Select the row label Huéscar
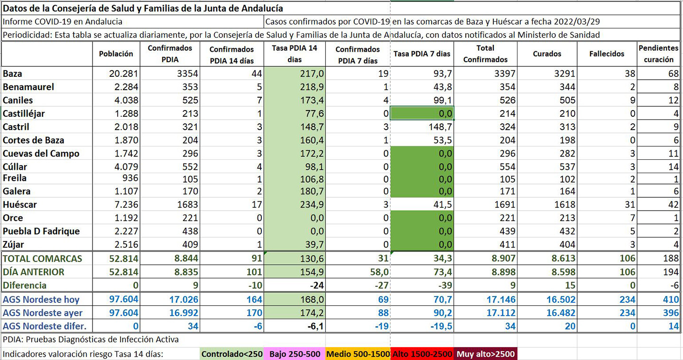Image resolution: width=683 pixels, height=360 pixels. click(x=20, y=205)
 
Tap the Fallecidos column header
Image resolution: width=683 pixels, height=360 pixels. click(x=607, y=54)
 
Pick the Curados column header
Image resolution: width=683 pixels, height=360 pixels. click(x=547, y=54)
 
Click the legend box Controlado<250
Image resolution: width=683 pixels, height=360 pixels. click(x=232, y=354)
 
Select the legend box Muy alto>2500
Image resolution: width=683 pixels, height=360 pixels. click(x=486, y=354)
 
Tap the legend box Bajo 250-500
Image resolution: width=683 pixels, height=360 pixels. click(x=295, y=354)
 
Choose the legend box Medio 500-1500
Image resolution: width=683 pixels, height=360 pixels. click(x=358, y=354)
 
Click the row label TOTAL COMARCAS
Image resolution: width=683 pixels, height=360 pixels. click(x=42, y=258)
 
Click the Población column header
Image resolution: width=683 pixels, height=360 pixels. click(x=116, y=54)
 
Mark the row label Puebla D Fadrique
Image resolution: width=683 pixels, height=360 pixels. click(x=41, y=231)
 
